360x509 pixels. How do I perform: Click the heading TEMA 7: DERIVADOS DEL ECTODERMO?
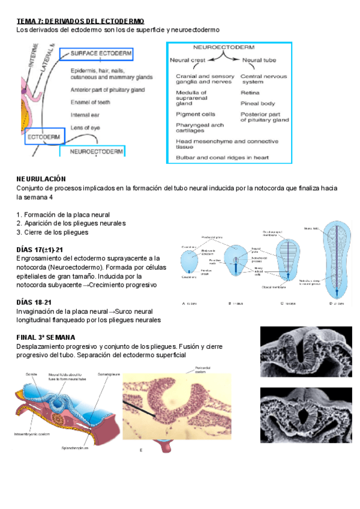(x=80, y=21)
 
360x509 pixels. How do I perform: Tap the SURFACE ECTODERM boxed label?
(x=100, y=53)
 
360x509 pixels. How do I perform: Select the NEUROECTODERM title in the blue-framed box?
(x=229, y=47)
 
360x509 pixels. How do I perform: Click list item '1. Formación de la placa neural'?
(x=63, y=215)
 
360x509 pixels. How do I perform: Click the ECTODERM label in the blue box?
(x=44, y=137)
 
